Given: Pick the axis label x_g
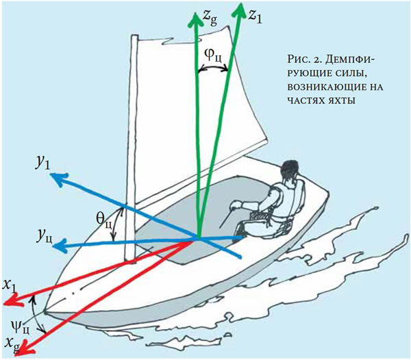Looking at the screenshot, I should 8,342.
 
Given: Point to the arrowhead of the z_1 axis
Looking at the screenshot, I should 242,10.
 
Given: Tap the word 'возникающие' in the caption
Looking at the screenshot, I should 318,87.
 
